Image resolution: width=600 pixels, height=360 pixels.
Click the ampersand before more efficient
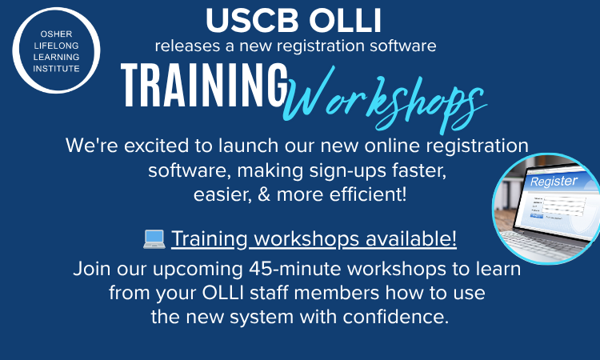(x=260, y=195)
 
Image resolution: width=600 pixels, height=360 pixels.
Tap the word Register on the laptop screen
(x=554, y=182)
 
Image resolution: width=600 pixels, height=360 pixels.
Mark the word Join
(x=90, y=268)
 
